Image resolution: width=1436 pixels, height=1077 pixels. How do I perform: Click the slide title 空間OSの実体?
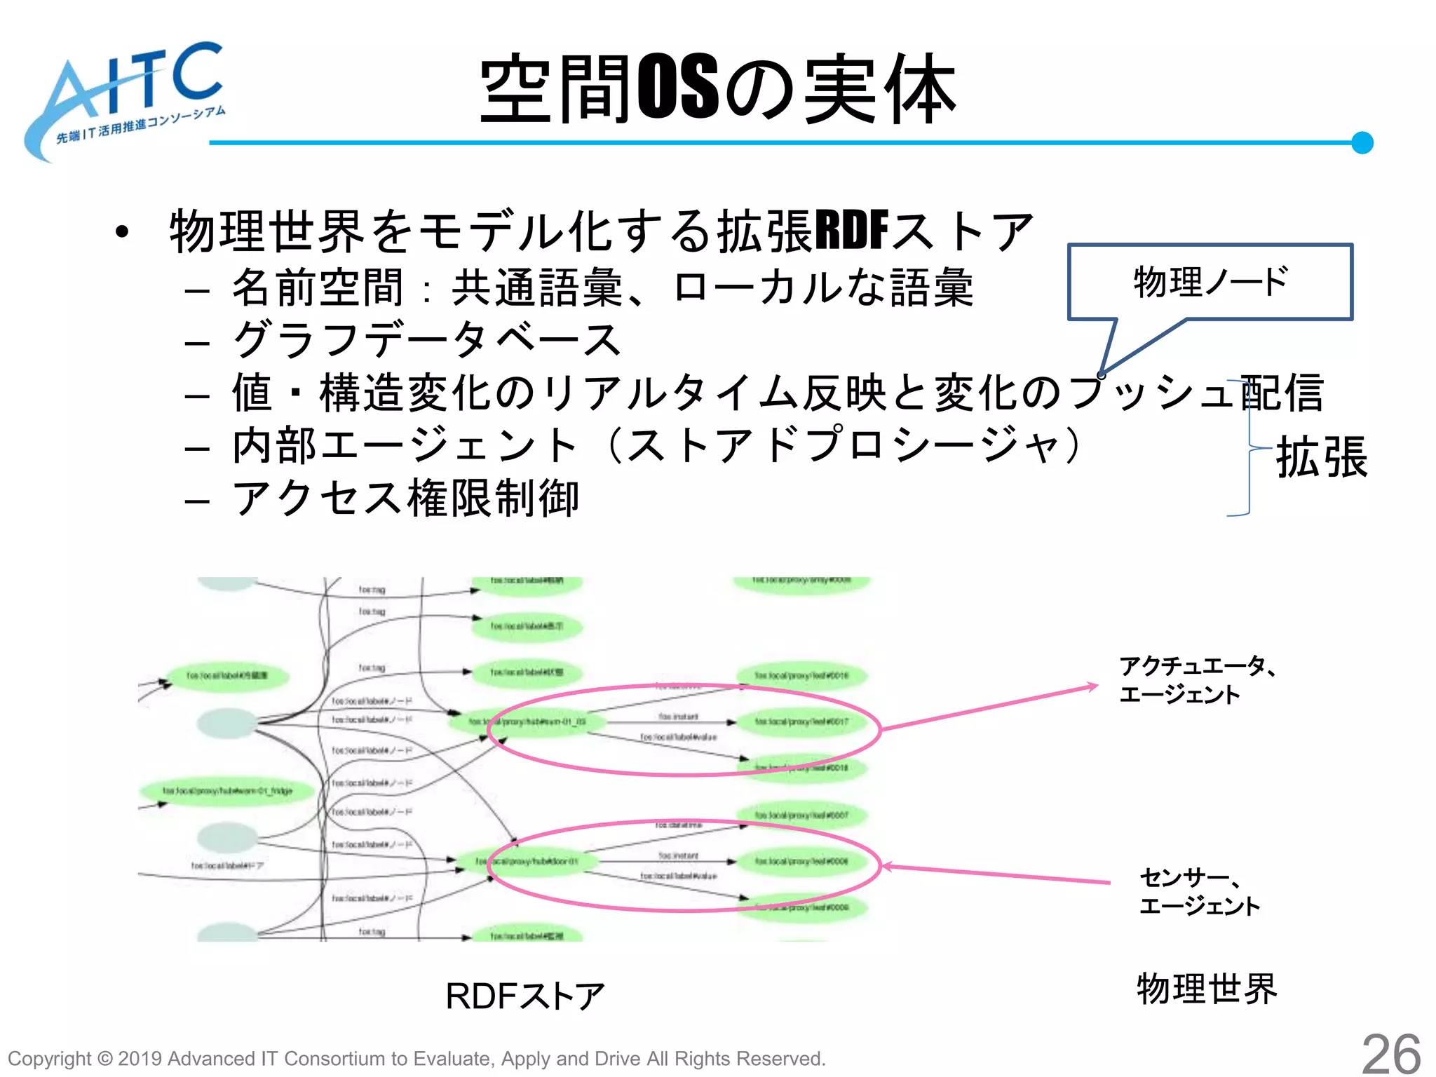[x=718, y=90]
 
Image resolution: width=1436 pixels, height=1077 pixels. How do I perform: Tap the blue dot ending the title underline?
[x=1362, y=142]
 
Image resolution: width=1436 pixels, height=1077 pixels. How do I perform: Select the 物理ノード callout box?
[x=1210, y=282]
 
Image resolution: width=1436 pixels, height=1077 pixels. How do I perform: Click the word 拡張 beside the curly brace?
[x=1321, y=457]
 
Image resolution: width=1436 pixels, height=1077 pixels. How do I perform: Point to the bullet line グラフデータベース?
[x=426, y=340]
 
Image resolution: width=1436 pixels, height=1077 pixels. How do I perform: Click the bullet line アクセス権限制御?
[x=405, y=499]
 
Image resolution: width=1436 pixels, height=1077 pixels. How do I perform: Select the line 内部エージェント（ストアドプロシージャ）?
[x=658, y=445]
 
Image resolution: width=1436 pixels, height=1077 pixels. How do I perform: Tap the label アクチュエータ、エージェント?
[x=1196, y=679]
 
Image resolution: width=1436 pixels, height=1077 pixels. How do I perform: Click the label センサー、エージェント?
[x=1199, y=890]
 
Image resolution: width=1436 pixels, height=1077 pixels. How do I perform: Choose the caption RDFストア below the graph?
[x=524, y=996]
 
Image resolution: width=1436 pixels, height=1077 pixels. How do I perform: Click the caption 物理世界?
[x=1206, y=989]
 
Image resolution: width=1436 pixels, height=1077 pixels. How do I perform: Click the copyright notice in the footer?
[x=416, y=1058]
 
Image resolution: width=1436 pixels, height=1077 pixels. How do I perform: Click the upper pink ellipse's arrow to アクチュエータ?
[x=989, y=708]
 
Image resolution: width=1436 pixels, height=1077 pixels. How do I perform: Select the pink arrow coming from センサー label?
[x=996, y=874]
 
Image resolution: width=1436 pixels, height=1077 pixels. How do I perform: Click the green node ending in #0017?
[x=801, y=722]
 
